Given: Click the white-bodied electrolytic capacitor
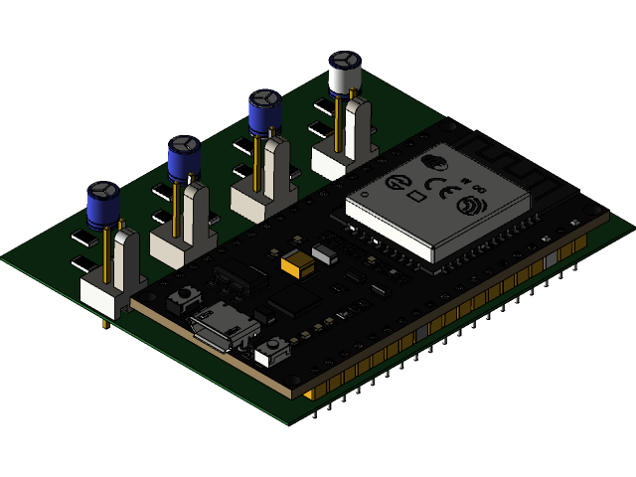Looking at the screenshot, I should tap(344, 75).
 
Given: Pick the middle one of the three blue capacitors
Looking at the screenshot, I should tap(184, 158).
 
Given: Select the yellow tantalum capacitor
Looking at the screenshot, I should tap(295, 263).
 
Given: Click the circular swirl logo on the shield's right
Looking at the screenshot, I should tap(467, 206).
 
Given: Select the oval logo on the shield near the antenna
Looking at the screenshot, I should tap(434, 162).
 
